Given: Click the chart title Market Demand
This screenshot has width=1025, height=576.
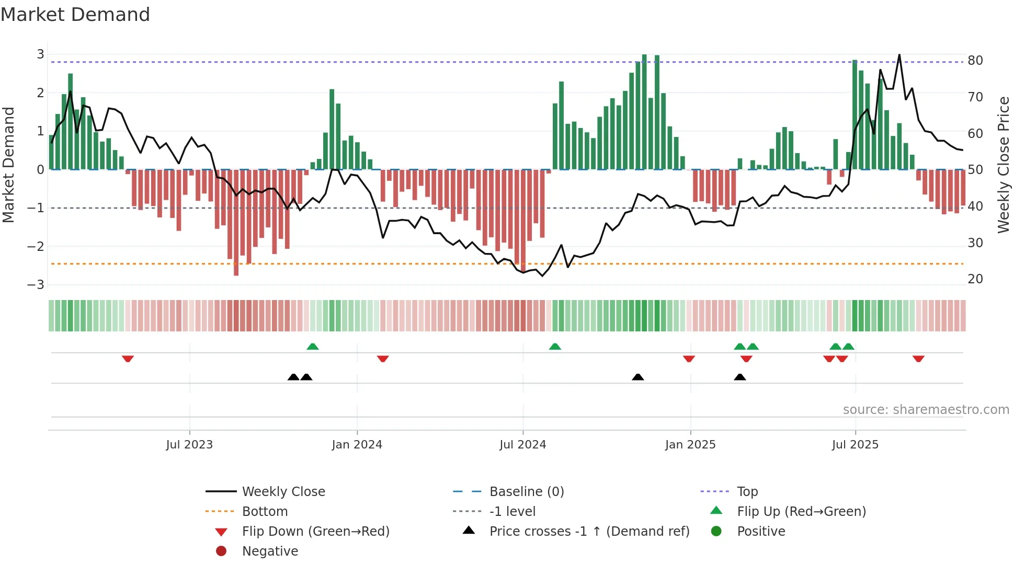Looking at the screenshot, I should click(x=75, y=15).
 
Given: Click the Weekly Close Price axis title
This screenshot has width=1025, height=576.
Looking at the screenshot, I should click(x=1003, y=165).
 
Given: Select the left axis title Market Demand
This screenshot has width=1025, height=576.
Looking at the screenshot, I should click(x=9, y=165).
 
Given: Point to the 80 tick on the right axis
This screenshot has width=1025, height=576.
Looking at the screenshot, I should click(x=975, y=61).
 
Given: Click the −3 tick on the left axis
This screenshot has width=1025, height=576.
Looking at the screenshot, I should click(x=36, y=285).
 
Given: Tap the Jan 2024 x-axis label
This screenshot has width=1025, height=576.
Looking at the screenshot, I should click(x=357, y=445).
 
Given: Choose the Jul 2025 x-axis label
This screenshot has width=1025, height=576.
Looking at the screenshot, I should click(x=855, y=445).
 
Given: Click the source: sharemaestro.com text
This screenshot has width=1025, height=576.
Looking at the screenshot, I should click(x=926, y=410).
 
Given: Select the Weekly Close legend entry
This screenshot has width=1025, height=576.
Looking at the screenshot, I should click(x=283, y=492).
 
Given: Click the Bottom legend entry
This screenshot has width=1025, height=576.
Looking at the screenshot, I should click(x=265, y=512).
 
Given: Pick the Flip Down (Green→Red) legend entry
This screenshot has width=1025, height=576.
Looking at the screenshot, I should click(x=315, y=532).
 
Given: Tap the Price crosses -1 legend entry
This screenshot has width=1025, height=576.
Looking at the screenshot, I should click(x=589, y=532).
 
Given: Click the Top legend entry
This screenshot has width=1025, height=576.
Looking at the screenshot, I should click(x=747, y=492).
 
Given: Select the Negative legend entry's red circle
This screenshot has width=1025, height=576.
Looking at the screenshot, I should click(x=221, y=551).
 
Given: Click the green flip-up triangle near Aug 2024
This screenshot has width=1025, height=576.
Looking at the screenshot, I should click(x=555, y=347).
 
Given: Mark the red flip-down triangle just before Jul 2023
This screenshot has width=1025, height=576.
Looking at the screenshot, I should click(x=128, y=359).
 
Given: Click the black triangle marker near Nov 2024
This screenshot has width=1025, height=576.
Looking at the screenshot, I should click(x=637, y=377).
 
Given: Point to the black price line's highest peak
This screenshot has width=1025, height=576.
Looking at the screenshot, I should click(x=899, y=55).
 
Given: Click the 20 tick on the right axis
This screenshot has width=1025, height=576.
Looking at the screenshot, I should click(x=975, y=279).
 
